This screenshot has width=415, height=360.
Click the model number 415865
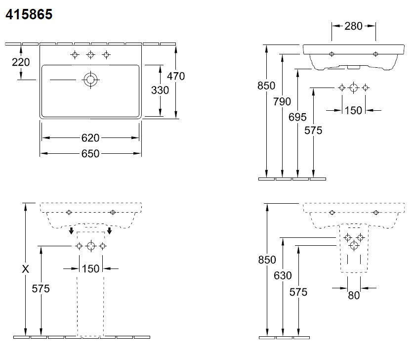coord(29,14)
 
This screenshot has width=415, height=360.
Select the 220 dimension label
coord(21,62)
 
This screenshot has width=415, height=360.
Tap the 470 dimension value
coord(176,76)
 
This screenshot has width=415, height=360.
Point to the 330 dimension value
coord(160,90)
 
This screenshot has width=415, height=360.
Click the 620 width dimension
coord(90,138)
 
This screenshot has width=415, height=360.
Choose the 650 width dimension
coord(90,154)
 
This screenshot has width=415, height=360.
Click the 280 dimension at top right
coord(353,26)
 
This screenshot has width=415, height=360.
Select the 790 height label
coord(282,101)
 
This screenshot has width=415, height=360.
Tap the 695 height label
coord(297,117)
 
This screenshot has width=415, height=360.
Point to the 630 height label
coord(283,276)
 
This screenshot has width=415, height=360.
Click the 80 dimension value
coord(354,295)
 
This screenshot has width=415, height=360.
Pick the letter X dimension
coord(25,269)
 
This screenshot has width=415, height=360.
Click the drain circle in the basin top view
coord(90,80)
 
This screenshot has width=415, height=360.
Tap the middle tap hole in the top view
coord(90,55)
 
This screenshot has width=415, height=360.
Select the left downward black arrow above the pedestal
coord(71,230)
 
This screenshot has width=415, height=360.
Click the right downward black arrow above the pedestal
coord(109,230)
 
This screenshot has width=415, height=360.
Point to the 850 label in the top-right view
coord(266,86)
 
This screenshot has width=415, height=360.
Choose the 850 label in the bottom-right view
coord(267,260)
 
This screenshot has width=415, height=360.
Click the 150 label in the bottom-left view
coord(90,269)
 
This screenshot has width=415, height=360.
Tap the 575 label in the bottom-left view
coord(41,289)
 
